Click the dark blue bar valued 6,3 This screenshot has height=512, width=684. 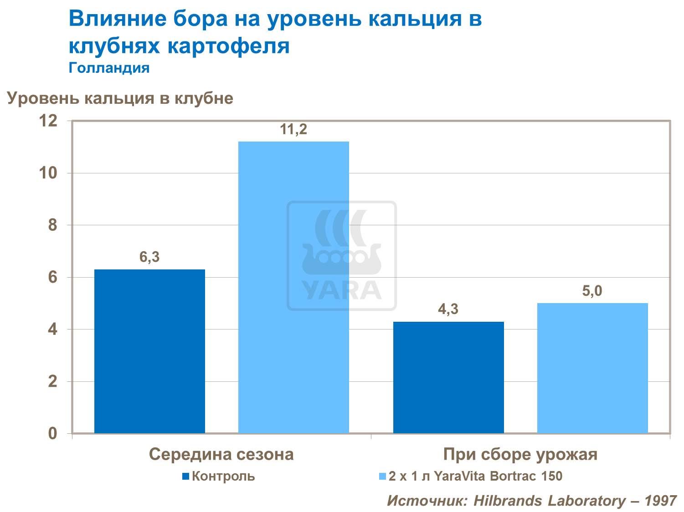(149, 351)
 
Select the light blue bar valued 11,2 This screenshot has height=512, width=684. (293, 287)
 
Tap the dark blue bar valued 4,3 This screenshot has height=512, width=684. (448, 377)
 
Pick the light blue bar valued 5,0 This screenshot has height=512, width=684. (592, 368)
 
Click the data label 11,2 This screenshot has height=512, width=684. (293, 130)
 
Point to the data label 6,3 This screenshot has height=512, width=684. (149, 258)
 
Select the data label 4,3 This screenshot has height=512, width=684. (448, 309)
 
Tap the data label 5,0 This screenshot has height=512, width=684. (592, 291)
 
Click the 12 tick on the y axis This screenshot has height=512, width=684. (49, 121)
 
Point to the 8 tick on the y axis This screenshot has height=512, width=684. (53, 225)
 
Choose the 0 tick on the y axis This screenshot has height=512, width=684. (53, 433)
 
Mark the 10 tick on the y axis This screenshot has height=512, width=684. (49, 173)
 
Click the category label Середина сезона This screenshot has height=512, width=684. (221, 454)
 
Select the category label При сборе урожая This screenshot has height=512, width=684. (520, 454)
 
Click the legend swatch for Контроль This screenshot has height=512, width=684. (185, 477)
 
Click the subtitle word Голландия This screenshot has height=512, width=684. (109, 68)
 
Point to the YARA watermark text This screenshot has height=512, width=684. (342, 290)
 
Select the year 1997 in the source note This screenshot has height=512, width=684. (660, 501)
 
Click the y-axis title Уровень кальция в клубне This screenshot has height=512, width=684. (120, 98)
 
